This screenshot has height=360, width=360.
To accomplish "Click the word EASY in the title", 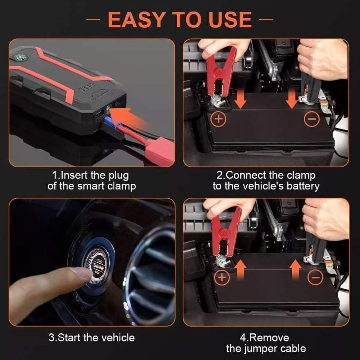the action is tap(136, 19).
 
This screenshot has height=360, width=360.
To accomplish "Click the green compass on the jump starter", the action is tap(21, 58).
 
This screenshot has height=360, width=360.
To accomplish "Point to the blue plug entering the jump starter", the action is tap(110, 121).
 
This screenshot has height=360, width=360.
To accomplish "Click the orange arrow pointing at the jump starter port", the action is tap(129, 117).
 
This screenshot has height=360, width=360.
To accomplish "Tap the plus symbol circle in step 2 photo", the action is tap(218, 119).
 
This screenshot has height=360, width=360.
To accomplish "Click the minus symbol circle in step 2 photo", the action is tap(312, 119).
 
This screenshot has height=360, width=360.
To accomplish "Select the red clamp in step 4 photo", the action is tap(226, 231).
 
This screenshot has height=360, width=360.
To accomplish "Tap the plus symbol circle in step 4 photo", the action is tap(222, 277).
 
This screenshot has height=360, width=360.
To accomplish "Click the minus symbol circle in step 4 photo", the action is tap(315, 277).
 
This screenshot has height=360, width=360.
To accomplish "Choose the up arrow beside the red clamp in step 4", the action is tap(240, 270).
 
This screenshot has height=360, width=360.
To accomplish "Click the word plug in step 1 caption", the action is tap(119, 176).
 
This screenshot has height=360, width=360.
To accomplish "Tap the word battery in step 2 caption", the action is tap(303, 186).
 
